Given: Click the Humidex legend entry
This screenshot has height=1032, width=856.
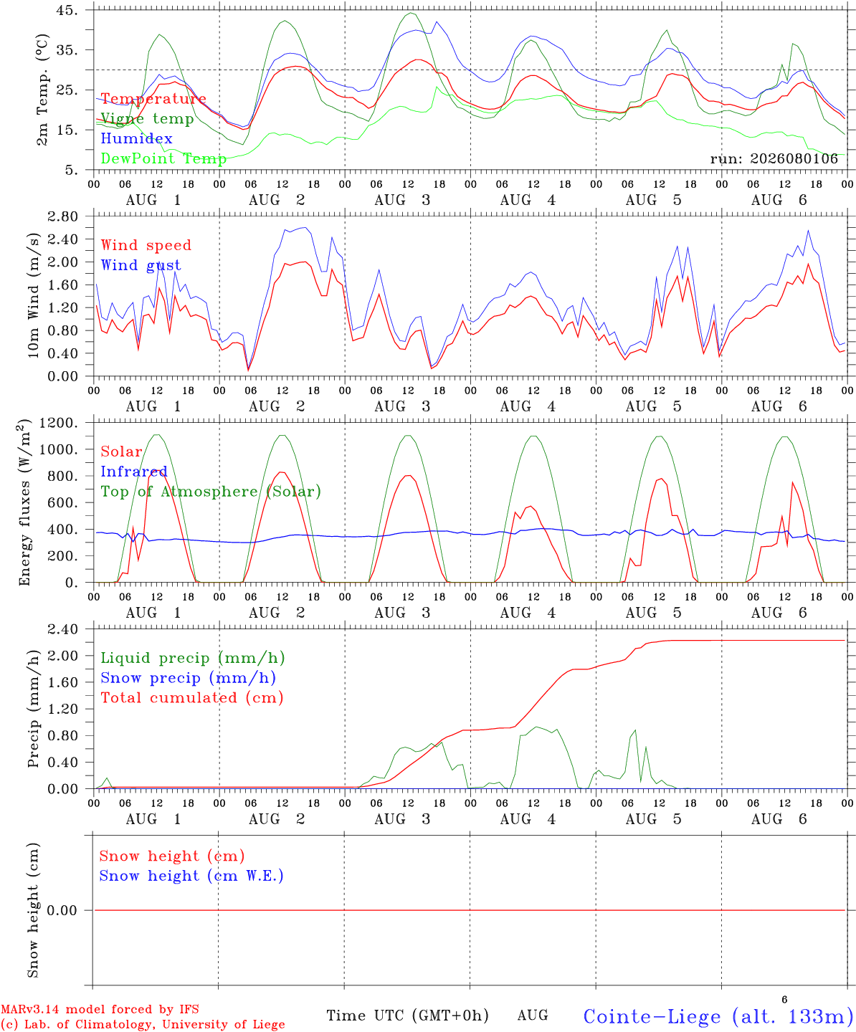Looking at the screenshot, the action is pyautogui.click(x=136, y=138).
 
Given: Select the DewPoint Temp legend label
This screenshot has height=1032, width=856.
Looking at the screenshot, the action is pyautogui.click(x=163, y=158).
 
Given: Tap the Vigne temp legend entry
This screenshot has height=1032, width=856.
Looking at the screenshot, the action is pyautogui.click(x=147, y=119).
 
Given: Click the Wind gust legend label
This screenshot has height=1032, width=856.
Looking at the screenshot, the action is pyautogui.click(x=141, y=265).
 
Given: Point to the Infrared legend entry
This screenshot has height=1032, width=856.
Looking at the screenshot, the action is pyautogui.click(x=134, y=472).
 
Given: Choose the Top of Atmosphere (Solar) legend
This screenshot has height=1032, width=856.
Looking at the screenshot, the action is pyautogui.click(x=211, y=492).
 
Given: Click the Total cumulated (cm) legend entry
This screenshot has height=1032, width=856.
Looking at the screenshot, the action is pyautogui.click(x=192, y=698).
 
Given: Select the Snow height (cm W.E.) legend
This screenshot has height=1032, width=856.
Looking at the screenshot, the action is pyautogui.click(x=191, y=876).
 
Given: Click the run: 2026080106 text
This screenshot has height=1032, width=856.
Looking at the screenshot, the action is pyautogui.click(x=774, y=158).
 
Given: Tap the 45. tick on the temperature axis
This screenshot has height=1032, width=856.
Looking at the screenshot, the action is pyautogui.click(x=67, y=10).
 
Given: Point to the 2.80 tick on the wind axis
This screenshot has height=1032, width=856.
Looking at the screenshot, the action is pyautogui.click(x=63, y=216).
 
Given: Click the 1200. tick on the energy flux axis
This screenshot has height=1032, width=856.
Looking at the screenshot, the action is pyautogui.click(x=59, y=423).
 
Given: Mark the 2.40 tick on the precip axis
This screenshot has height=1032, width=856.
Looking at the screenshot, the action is pyautogui.click(x=63, y=629).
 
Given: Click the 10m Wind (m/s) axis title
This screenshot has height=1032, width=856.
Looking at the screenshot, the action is pyautogui.click(x=33, y=295).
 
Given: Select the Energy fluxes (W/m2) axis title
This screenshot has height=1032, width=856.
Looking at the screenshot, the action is pyautogui.click(x=24, y=502).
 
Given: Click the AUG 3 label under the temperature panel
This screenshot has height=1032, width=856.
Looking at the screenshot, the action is pyautogui.click(x=402, y=200).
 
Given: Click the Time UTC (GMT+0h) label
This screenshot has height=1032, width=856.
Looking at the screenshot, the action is pyautogui.click(x=407, y=1016).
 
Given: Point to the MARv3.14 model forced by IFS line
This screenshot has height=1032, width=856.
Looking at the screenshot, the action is pyautogui.click(x=100, y=1009).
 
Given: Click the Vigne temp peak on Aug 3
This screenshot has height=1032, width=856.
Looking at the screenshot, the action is pyautogui.click(x=411, y=14).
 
